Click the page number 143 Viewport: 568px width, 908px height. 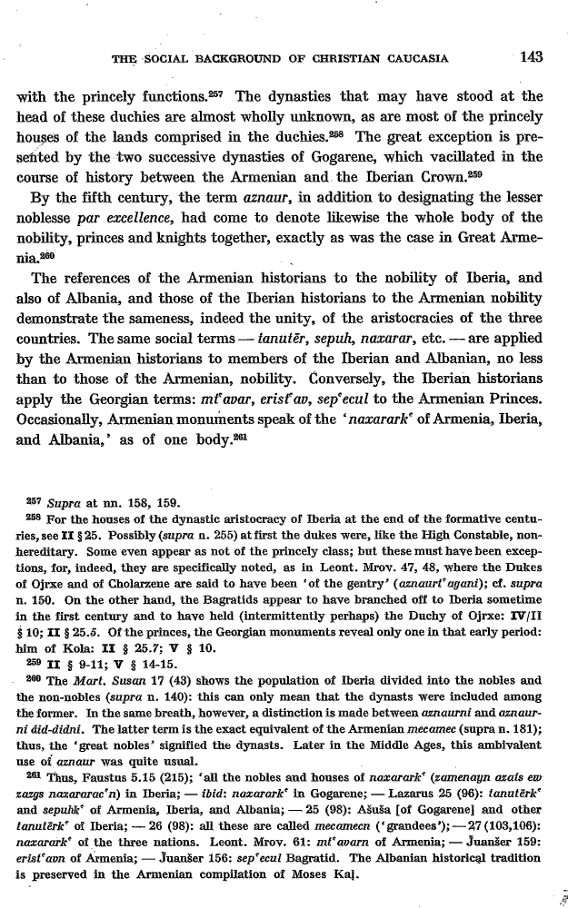[x=526, y=58]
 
